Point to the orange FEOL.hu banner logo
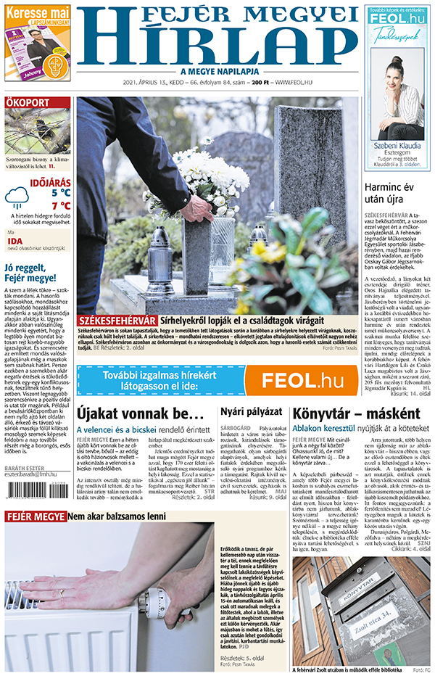299,379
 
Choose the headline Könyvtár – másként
356,414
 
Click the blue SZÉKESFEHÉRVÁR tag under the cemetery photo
117,320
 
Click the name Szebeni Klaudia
397,144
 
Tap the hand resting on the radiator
72,582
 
